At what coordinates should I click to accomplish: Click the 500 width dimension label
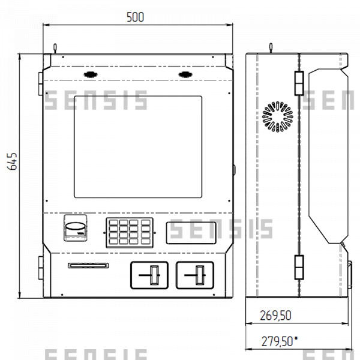click(x=135, y=17)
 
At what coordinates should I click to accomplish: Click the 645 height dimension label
click(x=12, y=161)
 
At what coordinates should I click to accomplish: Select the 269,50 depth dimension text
click(x=275, y=316)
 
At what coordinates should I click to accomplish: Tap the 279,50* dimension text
click(x=280, y=341)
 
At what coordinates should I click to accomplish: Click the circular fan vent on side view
click(x=278, y=116)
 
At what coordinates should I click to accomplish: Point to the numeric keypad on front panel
click(x=130, y=233)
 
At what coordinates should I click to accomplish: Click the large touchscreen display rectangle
click(x=138, y=147)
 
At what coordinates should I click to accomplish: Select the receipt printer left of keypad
click(x=76, y=228)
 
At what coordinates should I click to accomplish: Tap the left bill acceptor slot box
click(x=149, y=275)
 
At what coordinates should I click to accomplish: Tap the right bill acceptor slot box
click(x=194, y=275)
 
